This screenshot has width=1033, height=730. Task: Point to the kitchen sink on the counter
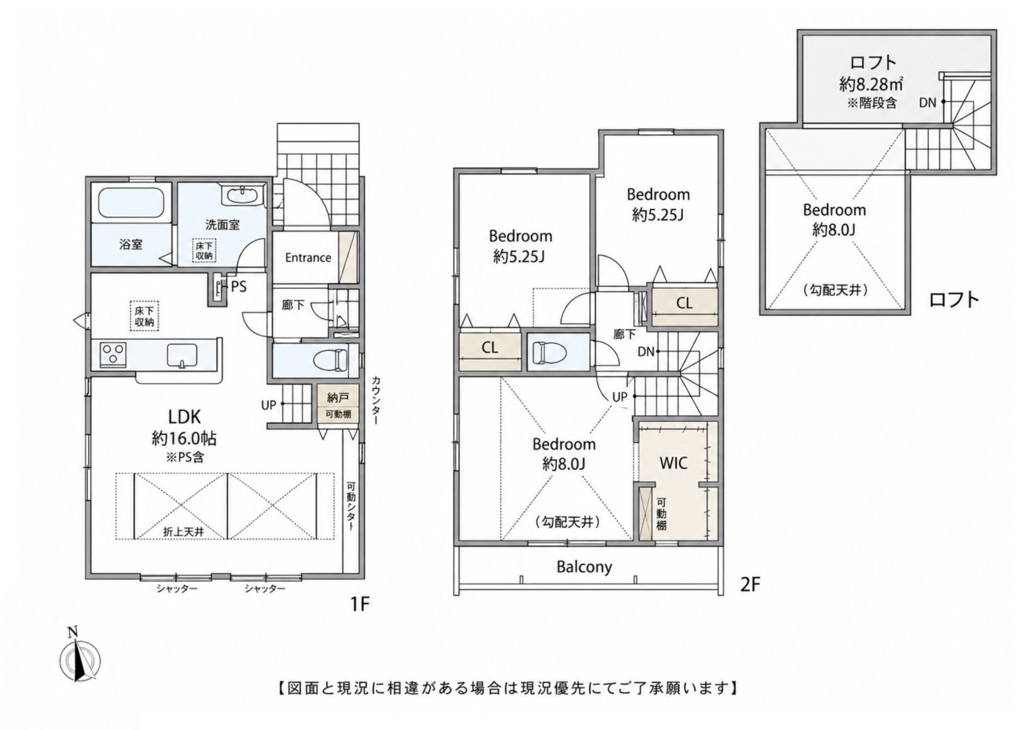[x=183, y=355]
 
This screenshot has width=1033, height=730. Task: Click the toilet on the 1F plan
[x=330, y=360]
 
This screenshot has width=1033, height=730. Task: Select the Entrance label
[x=308, y=258]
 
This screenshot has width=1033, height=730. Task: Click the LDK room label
[x=184, y=416]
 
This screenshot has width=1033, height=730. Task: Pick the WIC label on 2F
[x=673, y=463]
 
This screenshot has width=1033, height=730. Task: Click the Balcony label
[x=584, y=567]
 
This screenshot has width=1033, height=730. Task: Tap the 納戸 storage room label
[x=337, y=398]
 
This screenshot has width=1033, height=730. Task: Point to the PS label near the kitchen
[x=239, y=287]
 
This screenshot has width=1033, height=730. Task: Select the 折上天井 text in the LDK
[x=177, y=531]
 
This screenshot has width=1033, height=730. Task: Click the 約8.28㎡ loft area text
[x=871, y=84]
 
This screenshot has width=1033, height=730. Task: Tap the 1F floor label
[x=360, y=603]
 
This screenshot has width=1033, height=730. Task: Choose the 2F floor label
[x=750, y=584]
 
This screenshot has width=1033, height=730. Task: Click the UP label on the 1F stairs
[x=268, y=404]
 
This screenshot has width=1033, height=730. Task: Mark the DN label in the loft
[x=927, y=103]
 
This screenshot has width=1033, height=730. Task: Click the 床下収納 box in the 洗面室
[x=204, y=250]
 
